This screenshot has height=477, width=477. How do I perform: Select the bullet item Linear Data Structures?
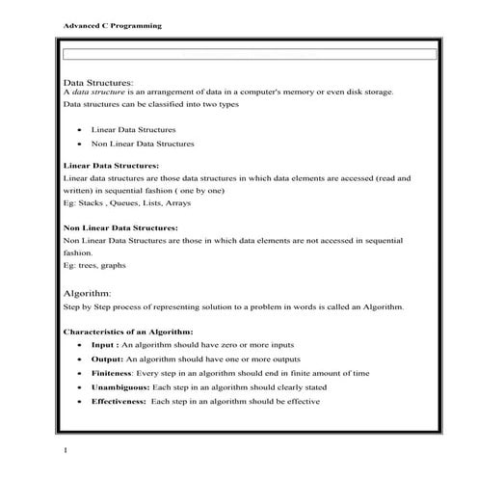tap(133, 128)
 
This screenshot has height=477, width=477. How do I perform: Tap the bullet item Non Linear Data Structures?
tap(142, 144)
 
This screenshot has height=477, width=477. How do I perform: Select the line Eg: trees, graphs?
tap(94, 265)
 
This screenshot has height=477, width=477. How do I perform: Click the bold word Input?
tap(104, 344)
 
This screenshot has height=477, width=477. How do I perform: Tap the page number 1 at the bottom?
tap(64, 450)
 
